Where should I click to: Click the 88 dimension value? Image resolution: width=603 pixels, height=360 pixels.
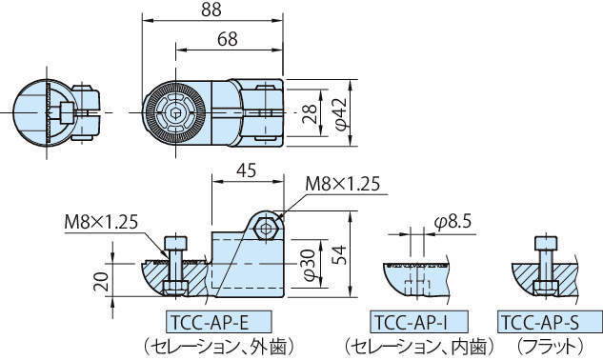tap(211, 10)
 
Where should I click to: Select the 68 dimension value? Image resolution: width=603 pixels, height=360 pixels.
tap(228, 39)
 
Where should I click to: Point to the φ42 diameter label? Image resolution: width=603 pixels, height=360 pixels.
tap(341, 113)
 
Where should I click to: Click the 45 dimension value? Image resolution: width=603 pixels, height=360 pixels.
tap(247, 170)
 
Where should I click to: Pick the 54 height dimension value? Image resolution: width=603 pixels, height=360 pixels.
tap(339, 255)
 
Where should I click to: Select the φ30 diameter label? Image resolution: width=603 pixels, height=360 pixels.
tap(310, 264)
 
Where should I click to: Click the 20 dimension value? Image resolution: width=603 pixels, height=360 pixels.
tap(101, 282)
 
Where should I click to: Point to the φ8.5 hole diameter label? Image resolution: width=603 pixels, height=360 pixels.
tap(452, 222)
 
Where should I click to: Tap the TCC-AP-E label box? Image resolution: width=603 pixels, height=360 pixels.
tap(219, 322)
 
